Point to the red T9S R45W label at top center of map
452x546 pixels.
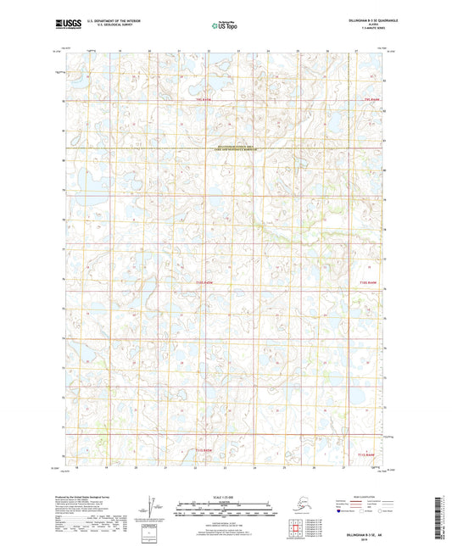[x=199, y=99]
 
